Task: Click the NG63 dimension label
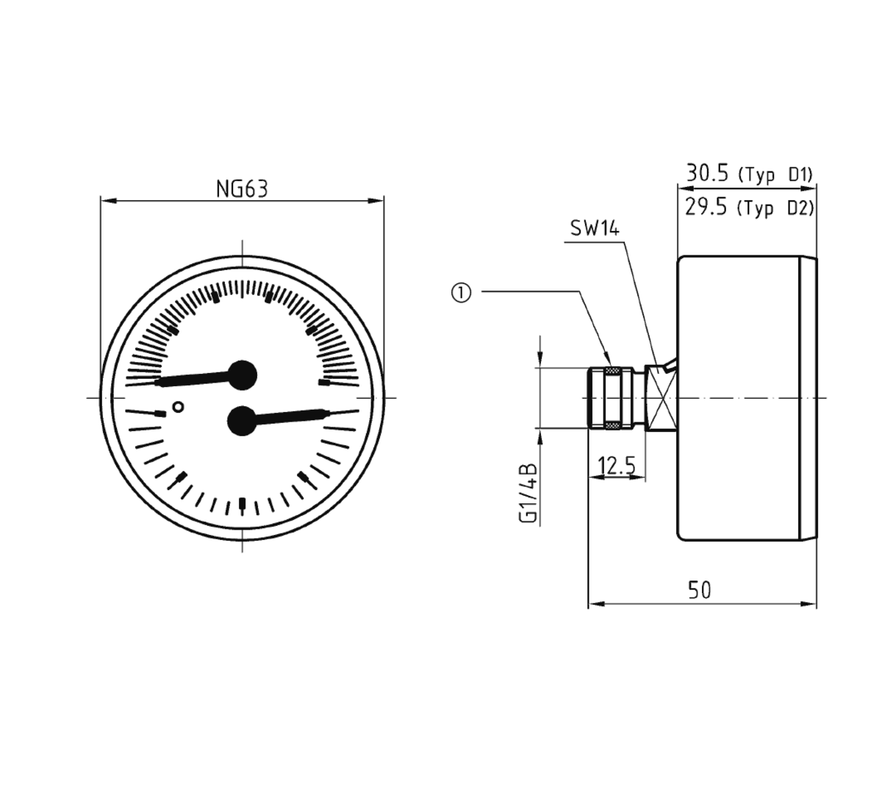(x=242, y=188)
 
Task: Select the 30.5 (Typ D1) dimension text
(x=748, y=174)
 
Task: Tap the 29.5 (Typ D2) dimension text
(x=748, y=207)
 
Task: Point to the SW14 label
(x=595, y=228)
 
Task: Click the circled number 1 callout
(x=461, y=293)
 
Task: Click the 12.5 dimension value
(x=617, y=466)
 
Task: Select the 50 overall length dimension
(x=700, y=590)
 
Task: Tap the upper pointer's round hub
(x=242, y=375)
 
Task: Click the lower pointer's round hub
(x=242, y=421)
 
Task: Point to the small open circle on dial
(x=178, y=407)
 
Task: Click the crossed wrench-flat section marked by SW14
(x=661, y=397)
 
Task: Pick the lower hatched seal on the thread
(x=613, y=426)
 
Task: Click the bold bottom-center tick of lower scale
(x=243, y=504)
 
